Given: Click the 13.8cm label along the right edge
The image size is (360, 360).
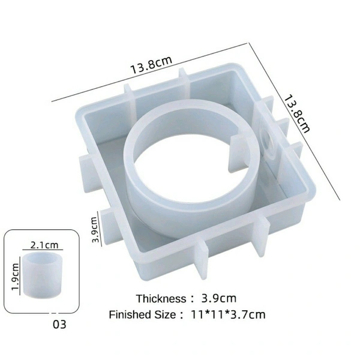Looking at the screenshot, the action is click(x=297, y=114).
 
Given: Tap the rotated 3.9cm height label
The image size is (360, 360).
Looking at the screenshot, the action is click(x=95, y=230).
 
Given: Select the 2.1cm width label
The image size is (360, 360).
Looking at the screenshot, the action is click(x=44, y=245).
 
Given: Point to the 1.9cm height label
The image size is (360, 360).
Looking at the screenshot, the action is click(x=16, y=277).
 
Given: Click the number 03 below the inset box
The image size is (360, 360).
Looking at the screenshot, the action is click(x=59, y=325).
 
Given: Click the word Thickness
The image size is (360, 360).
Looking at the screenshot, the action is click(x=161, y=299).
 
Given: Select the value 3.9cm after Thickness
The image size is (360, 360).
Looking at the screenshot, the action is click(x=218, y=298).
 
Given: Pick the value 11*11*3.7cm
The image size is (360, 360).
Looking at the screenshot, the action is click(x=228, y=314).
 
